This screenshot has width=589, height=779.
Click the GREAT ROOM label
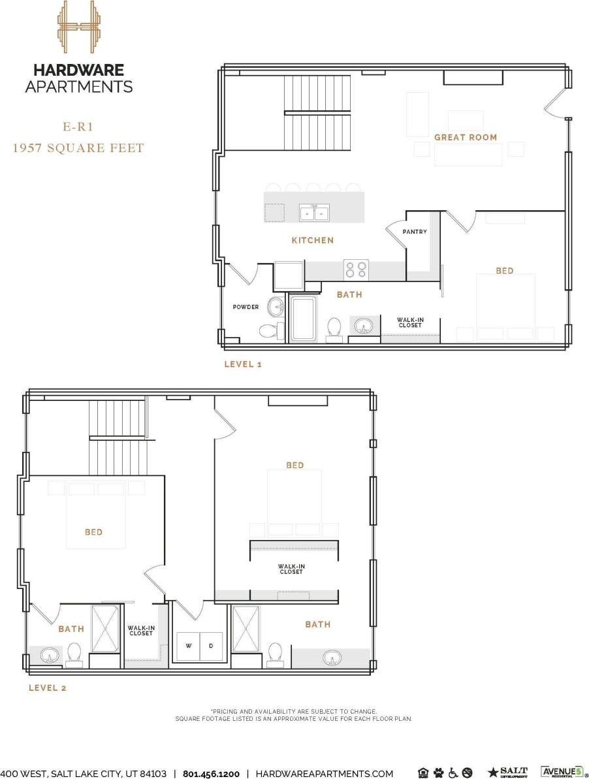tap(465, 137)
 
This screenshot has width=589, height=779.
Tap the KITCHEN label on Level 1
tap(312, 240)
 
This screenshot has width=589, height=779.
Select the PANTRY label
tap(414, 232)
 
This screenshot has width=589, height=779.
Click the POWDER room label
tap(246, 307)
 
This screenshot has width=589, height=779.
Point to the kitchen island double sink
tap(314, 212)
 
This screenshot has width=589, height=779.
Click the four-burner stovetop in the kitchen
tap(357, 269)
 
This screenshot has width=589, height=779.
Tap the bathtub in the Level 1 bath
tap(303, 318)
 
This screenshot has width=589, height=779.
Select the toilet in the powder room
tap(269, 330)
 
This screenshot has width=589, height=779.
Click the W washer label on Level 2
tap(189, 646)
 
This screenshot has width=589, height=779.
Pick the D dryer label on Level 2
tap(210, 646)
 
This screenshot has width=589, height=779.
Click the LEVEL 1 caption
tap(242, 364)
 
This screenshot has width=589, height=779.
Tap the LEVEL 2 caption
tap(47, 688)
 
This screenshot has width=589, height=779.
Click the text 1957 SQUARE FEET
tap(78, 148)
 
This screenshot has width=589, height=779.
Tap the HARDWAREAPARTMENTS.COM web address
tap(324, 774)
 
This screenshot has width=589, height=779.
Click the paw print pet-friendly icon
tap(438, 773)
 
